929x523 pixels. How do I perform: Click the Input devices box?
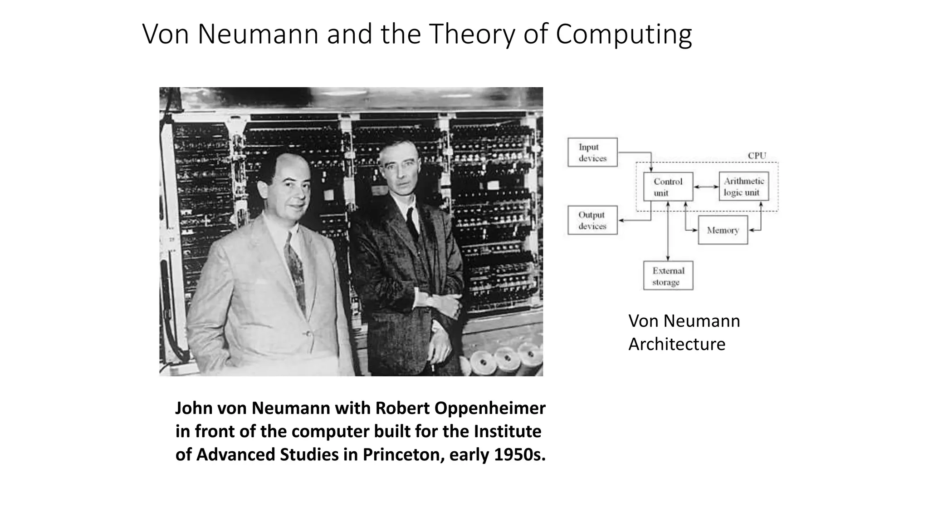click(x=592, y=153)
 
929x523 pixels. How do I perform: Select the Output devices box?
click(x=592, y=220)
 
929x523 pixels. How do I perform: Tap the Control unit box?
click(x=668, y=187)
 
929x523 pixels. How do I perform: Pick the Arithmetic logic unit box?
click(x=743, y=186)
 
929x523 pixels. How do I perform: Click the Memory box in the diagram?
click(x=723, y=230)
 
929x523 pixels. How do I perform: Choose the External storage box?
click(x=668, y=276)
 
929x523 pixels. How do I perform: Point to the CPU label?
click(x=757, y=156)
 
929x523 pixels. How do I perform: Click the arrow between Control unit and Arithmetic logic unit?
click(x=706, y=187)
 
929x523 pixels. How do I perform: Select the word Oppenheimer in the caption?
click(x=490, y=408)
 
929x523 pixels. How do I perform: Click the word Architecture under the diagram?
click(x=677, y=344)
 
